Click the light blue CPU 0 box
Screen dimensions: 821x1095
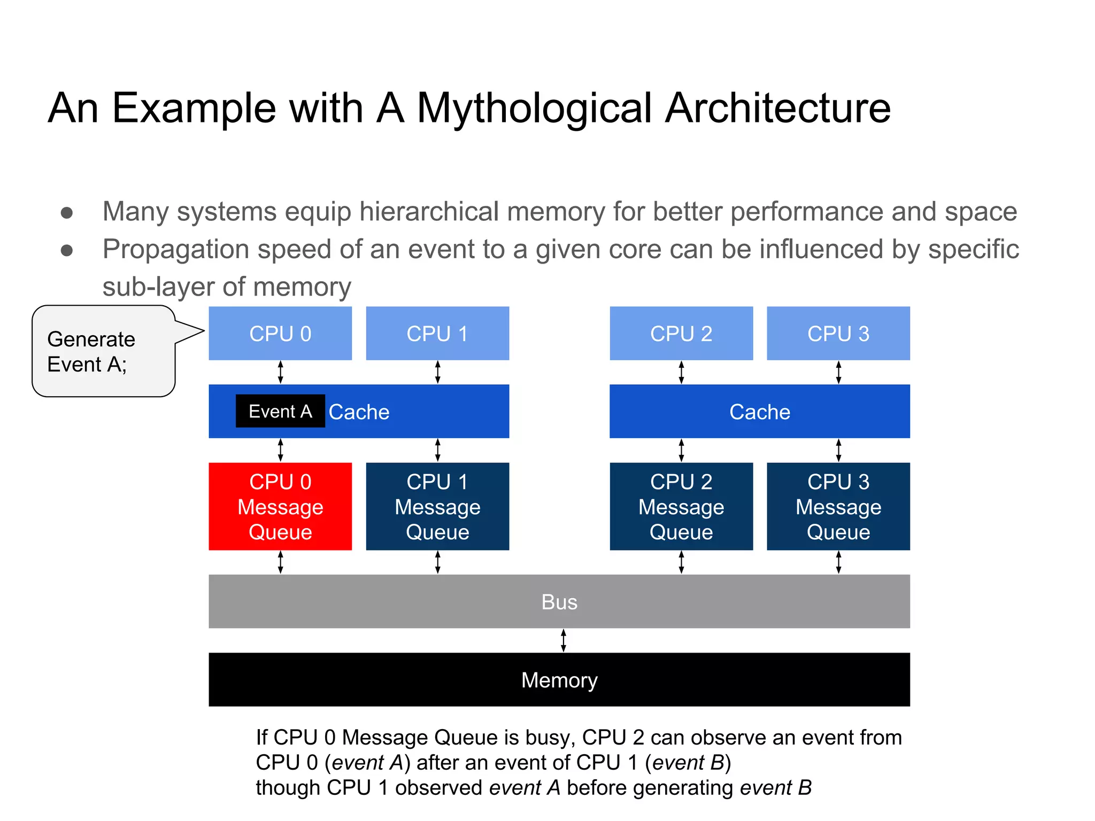280,334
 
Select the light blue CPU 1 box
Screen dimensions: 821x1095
437,334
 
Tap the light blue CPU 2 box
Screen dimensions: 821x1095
681,334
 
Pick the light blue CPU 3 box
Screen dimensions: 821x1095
838,334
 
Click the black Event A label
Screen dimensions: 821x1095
280,411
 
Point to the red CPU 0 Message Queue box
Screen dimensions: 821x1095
280,506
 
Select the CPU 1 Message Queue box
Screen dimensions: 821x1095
437,506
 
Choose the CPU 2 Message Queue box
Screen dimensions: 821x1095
681,506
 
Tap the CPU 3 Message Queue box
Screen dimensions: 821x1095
838,506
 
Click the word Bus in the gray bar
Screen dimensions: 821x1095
559,602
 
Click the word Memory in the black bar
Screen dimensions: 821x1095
559,680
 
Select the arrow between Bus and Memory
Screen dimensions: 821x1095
563,640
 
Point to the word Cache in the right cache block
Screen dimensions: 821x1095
760,412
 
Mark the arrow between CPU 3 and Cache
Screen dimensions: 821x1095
838,372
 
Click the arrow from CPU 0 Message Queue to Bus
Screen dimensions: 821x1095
280,562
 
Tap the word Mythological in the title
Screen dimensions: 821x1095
535,109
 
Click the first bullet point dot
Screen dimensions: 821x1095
67,213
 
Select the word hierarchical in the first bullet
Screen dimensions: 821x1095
429,211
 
